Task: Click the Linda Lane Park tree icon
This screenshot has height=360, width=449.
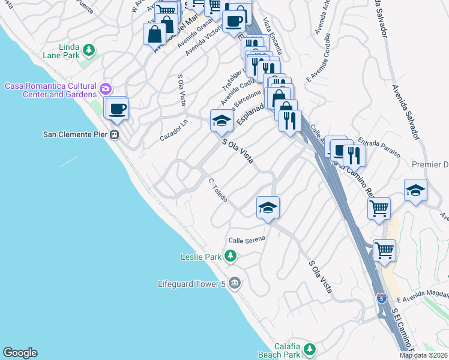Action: click(89, 49)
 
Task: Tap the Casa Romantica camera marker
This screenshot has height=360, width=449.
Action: click(106, 89)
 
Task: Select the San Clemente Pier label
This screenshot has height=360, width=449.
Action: click(76, 134)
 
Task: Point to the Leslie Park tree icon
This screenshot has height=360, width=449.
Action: click(231, 257)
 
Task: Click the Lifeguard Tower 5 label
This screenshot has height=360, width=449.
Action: click(191, 283)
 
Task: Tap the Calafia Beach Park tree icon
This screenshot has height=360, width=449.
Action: click(309, 349)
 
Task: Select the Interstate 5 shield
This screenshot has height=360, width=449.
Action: click(381, 298)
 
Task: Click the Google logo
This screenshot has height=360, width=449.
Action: click(20, 353)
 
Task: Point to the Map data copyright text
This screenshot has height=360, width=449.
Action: click(424, 355)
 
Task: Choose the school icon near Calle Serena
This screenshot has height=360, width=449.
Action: click(268, 208)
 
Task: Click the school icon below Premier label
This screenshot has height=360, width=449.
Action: click(415, 190)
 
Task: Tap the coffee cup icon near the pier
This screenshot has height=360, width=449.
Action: click(118, 109)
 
